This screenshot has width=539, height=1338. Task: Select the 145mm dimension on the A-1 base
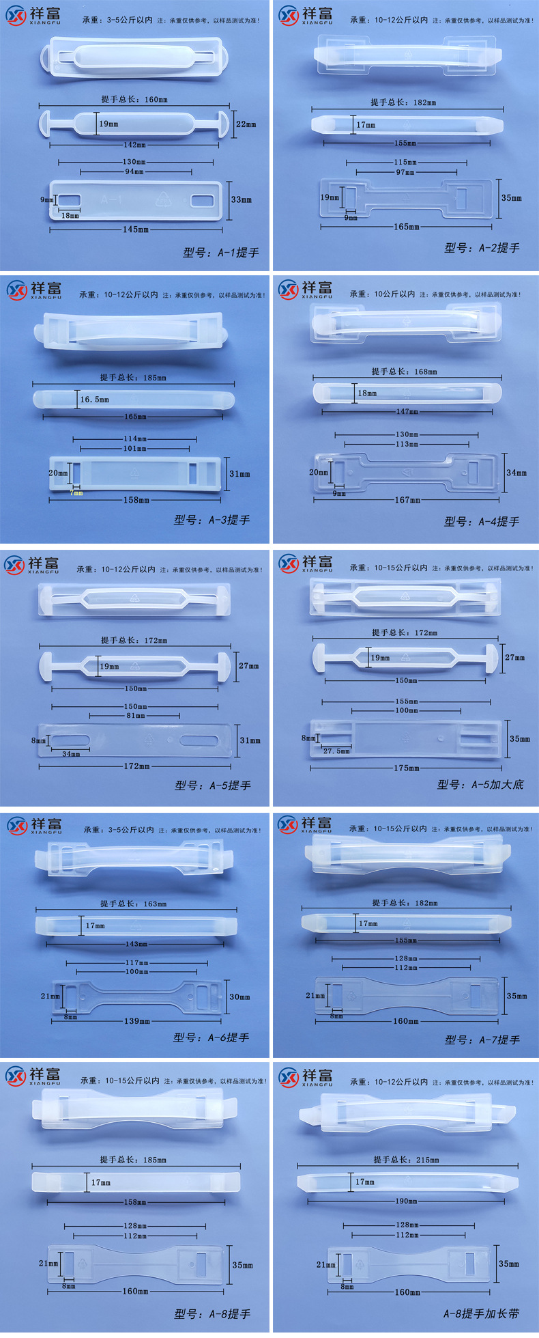pyautogui.click(x=135, y=229)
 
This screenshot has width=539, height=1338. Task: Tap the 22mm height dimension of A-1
pyautogui.click(x=246, y=124)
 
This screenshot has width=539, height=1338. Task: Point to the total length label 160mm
pyautogui.click(x=134, y=100)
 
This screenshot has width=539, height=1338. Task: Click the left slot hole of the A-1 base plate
pyautogui.click(x=69, y=200)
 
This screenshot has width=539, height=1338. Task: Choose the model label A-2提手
pyautogui.click(x=482, y=248)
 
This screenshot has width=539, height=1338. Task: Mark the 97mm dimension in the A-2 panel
pyautogui.click(x=405, y=173)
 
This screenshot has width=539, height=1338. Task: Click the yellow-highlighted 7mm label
pyautogui.click(x=77, y=492)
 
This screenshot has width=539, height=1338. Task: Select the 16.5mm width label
pyautogui.click(x=94, y=400)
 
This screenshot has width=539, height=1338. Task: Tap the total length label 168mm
pyautogui.click(x=404, y=372)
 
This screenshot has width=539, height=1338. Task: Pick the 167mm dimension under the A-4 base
pyautogui.click(x=407, y=500)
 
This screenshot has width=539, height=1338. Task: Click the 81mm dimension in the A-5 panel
pyautogui.click(x=135, y=716)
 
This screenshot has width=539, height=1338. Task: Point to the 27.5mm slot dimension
pyautogui.click(x=336, y=751)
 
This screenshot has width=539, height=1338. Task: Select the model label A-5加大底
pyautogui.click(x=480, y=785)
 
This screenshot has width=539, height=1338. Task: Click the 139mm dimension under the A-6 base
pyautogui.click(x=136, y=1021)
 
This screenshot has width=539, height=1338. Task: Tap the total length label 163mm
pyautogui.click(x=134, y=904)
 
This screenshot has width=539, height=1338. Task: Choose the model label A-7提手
pyautogui.click(x=482, y=1040)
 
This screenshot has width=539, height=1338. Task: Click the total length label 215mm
pyautogui.click(x=406, y=1160)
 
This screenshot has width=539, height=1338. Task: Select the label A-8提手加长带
pyautogui.click(x=481, y=1313)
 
